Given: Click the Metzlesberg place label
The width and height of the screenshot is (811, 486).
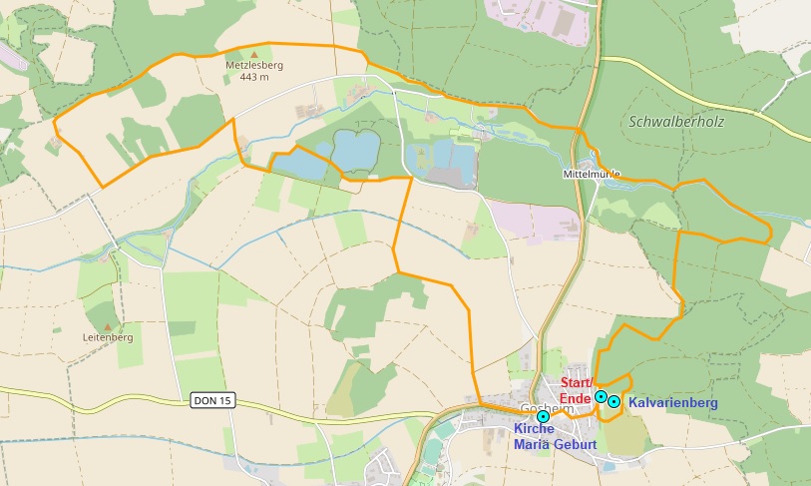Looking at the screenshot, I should click(253, 65).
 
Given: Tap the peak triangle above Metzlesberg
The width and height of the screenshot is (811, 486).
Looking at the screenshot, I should click(253, 53).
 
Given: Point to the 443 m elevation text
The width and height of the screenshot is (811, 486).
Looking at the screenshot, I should click(253, 77).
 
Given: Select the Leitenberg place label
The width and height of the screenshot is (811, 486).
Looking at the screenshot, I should click(108, 337).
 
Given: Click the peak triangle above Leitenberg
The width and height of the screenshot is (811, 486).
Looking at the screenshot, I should click(108, 326).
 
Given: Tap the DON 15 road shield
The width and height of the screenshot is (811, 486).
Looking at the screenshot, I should click(211, 400).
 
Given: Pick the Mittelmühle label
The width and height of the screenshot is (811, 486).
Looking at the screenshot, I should click(592, 174).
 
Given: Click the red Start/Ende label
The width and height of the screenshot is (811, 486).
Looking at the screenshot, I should click(577, 390).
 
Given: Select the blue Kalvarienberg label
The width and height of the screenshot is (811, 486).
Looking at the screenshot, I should click(673, 402).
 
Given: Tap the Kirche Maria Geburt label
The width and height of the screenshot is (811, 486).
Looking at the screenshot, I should click(555, 436).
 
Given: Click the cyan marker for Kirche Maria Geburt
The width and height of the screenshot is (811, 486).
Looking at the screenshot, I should click(542, 416).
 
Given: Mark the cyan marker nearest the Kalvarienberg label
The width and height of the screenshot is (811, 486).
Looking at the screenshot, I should click(614, 401).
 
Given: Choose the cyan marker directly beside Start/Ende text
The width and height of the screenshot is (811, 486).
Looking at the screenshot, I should click(601, 396).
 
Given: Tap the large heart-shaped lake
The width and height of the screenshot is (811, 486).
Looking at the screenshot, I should click(356, 150).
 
